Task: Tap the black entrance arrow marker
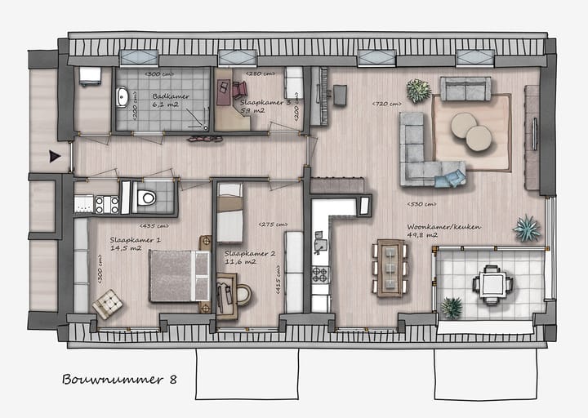coord(55,156)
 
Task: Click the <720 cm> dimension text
coord(386,104)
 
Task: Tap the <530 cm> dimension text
coord(421,204)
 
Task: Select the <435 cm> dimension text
coord(154,225)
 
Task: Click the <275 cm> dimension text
coord(272,225)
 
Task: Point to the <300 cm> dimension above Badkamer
coord(158,75)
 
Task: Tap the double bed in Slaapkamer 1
coord(178,275)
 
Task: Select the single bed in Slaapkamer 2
coord(230,213)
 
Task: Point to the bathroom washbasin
coord(122,99)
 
